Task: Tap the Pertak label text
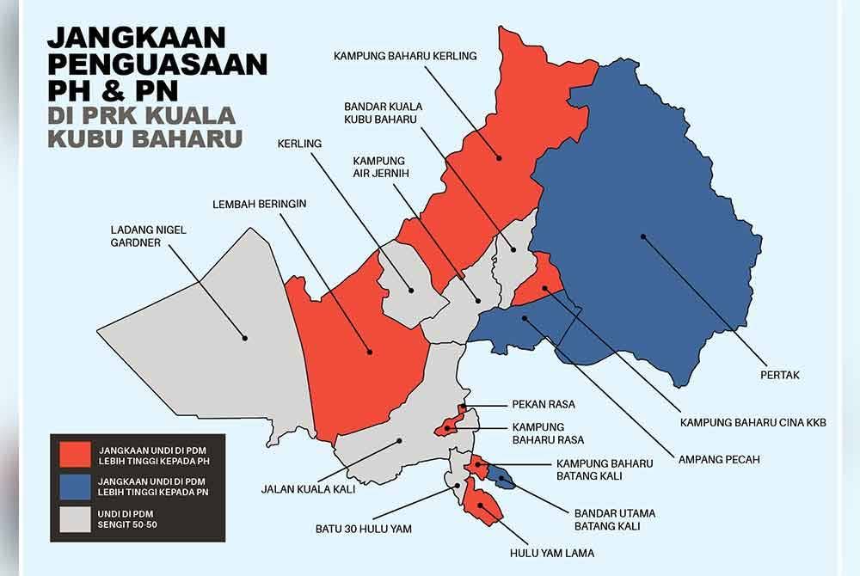click(780, 375)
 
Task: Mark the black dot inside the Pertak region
click(642, 237)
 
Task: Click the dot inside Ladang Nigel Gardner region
click(245, 338)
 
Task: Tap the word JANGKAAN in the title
click(137, 38)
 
